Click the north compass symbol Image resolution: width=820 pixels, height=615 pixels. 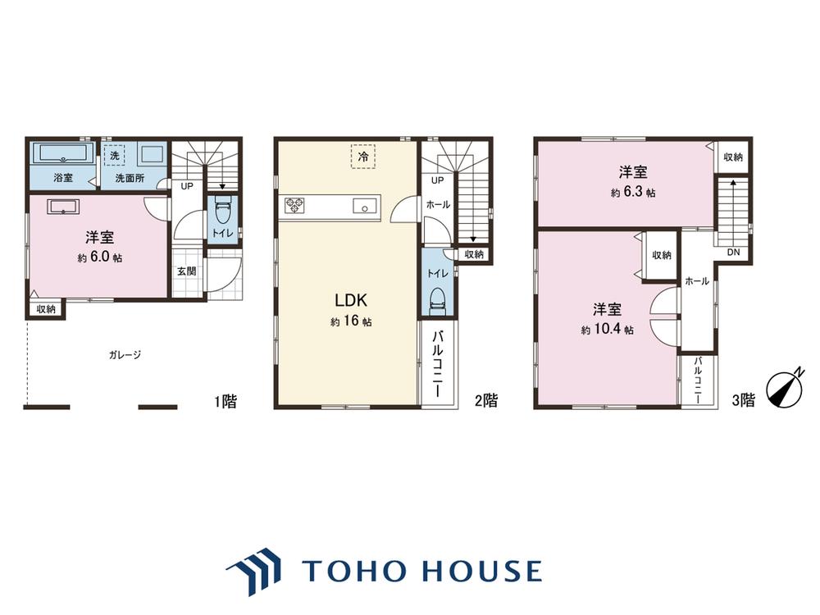point(785,389)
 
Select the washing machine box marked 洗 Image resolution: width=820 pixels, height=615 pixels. point(114,155)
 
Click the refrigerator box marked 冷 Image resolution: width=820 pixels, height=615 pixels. point(363,156)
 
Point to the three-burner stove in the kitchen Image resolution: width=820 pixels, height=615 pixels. point(294,204)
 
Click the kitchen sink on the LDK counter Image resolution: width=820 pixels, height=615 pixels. point(364,207)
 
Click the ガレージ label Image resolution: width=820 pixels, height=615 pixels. point(125,354)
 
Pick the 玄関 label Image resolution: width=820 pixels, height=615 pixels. point(186,271)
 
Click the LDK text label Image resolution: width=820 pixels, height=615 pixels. point(351,300)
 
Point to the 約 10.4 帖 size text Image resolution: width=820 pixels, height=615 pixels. point(607,330)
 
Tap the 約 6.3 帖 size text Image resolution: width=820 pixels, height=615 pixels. point(633,192)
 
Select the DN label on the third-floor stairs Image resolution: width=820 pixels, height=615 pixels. point(733,252)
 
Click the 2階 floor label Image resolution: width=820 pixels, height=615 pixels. point(486,401)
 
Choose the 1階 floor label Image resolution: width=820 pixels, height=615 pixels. point(225,401)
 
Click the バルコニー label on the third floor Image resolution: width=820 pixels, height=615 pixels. point(698,380)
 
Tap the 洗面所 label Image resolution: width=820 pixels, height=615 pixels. point(130,178)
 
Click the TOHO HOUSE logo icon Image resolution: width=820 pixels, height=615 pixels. point(253,571)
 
